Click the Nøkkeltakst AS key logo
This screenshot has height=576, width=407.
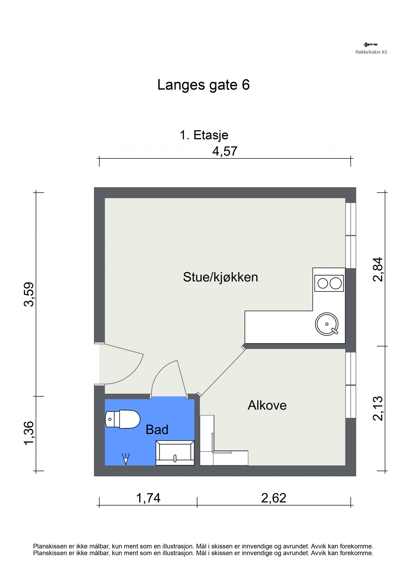[x=370, y=45]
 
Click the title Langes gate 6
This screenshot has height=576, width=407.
[x=203, y=85]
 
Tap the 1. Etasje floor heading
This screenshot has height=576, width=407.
[x=204, y=135]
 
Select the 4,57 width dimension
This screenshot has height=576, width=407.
[x=225, y=151]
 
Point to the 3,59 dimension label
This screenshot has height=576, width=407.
[x=29, y=294]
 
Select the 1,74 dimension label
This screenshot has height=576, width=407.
[x=148, y=498]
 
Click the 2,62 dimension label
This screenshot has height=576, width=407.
[x=274, y=498]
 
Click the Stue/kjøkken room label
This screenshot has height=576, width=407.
[x=220, y=277]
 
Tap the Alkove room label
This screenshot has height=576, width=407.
[x=267, y=405]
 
